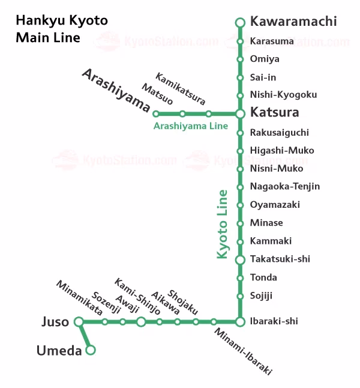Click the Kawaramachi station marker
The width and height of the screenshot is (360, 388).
coord(240,23)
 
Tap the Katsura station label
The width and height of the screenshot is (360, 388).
coord(274,112)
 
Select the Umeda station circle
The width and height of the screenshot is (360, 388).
coord(91,350)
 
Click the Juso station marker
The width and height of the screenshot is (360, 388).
coord(79,322)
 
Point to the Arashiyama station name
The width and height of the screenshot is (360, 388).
coord(116,90)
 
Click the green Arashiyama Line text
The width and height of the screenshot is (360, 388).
coord(191,126)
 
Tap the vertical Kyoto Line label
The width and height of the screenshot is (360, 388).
coord(223,224)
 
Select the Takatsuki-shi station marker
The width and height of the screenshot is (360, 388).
coord(240,259)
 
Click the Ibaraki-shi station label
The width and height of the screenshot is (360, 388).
coord(274,321)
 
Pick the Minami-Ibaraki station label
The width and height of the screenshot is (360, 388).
coord(243,352)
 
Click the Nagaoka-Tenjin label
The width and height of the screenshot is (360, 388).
coord(285,186)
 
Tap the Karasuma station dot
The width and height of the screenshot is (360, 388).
coord(240,41)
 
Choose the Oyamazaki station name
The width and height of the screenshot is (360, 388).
coord(275,205)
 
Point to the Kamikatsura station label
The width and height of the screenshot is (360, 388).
coord(180,88)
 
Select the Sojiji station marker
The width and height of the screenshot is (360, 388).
coord(240,296)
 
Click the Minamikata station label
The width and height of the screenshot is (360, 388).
coord(79,298)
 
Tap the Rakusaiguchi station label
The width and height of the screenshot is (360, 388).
coord(279,132)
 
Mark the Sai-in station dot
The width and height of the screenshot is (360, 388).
coord(240,77)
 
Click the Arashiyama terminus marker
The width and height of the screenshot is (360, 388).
coord(156,114)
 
